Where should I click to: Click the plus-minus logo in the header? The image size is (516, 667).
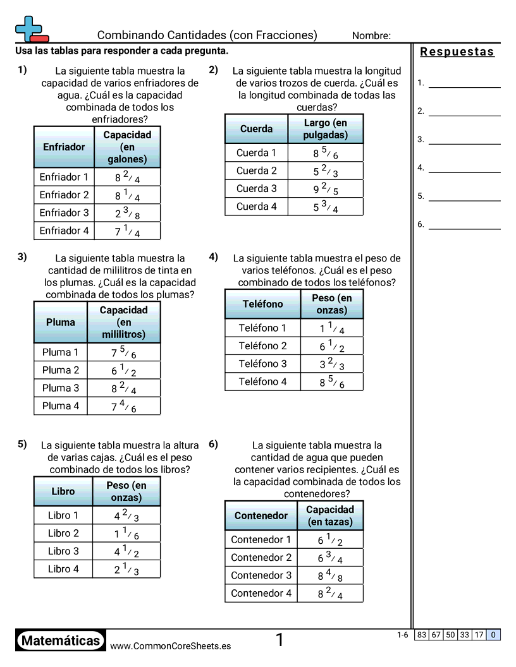[30, 28]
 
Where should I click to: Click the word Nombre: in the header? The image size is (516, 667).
[371, 36]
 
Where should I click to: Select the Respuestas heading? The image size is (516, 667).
[457, 52]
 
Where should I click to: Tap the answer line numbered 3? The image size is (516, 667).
[464, 140]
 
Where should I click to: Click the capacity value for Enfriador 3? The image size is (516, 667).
[127, 213]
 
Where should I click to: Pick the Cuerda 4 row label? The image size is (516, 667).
[256, 207]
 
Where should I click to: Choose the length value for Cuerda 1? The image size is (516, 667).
[325, 153]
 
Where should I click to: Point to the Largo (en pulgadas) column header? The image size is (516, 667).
[325, 129]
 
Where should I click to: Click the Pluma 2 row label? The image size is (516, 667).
[61, 370]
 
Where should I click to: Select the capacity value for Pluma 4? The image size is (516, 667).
[124, 406]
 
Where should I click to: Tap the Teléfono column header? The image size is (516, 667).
[262, 304]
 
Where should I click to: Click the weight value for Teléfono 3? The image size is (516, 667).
[331, 364]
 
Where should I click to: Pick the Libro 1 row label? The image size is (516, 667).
[63, 515]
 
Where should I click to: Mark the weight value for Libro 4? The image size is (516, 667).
[126, 569]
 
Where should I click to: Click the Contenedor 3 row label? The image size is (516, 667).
[261, 575]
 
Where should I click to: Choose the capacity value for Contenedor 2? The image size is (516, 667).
[330, 558]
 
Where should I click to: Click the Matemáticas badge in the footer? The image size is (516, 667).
[61, 641]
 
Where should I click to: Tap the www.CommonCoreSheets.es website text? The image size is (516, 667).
[170, 646]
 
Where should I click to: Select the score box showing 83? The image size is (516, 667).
[422, 635]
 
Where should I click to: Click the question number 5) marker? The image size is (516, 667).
[22, 444]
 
